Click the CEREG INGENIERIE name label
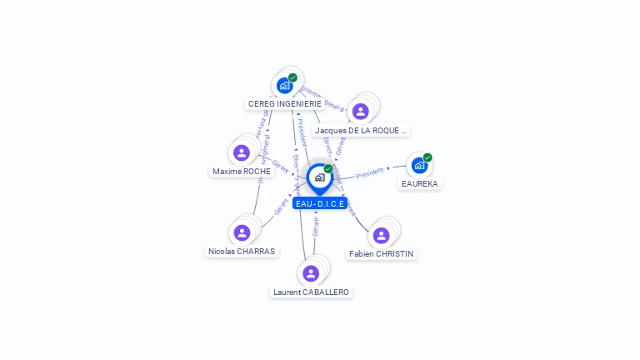click(284, 104)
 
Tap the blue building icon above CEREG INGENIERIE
click(284, 85)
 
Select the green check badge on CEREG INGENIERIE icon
click(292, 77)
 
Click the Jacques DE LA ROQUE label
click(361, 131)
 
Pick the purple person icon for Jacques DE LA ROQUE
click(360, 111)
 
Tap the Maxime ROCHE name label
click(241, 172)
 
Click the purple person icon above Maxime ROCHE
click(242, 152)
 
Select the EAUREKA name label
click(419, 183)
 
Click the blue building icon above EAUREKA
click(419, 165)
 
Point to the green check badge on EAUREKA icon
click(427, 157)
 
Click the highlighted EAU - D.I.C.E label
click(320, 203)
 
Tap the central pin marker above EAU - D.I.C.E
click(319, 177)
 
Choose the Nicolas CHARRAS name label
click(242, 251)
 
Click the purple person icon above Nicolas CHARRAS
click(242, 232)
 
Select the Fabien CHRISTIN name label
click(381, 253)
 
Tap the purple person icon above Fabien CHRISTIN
click(381, 235)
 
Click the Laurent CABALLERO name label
click(311, 292)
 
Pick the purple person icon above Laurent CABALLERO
click(311, 273)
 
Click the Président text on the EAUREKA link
click(370, 172)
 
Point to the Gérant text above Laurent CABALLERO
click(316, 226)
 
